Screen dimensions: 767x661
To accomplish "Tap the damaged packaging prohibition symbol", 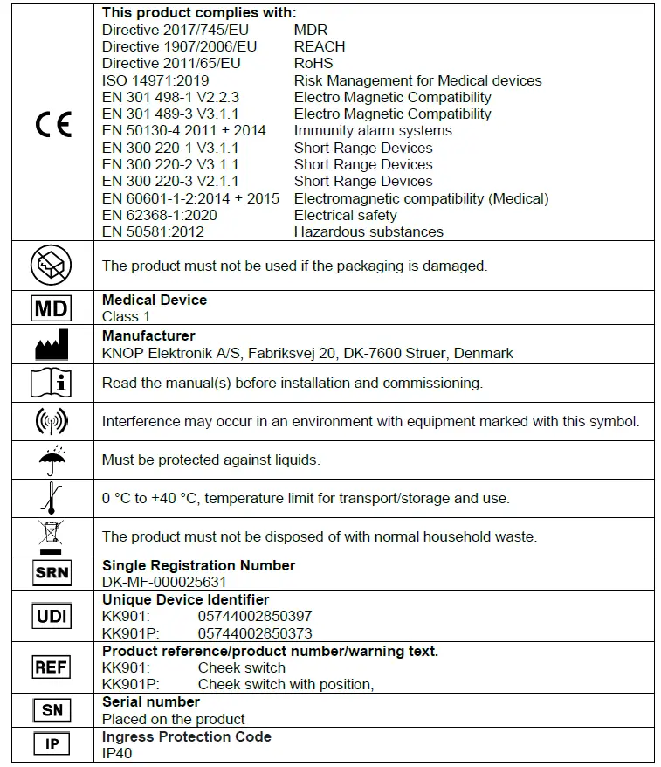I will pyautogui.click(x=52, y=265).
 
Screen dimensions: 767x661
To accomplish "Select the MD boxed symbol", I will pyautogui.click(x=52, y=308).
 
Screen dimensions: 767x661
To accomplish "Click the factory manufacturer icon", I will pyautogui.click(x=52, y=346).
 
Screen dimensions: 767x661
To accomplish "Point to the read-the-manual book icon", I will pyautogui.click(x=52, y=383).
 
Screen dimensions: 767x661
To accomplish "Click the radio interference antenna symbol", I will pyautogui.click(x=52, y=421).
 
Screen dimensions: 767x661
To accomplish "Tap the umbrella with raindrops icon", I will pyautogui.click(x=52, y=459).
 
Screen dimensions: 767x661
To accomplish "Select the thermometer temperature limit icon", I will pyautogui.click(x=52, y=498).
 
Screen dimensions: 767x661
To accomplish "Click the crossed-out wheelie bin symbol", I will pyautogui.click(x=52, y=536).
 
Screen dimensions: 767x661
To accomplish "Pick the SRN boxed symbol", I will pyautogui.click(x=52, y=573).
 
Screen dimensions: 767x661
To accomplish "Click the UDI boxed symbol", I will pyautogui.click(x=52, y=616).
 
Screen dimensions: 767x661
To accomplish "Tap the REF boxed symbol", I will pyautogui.click(x=52, y=667).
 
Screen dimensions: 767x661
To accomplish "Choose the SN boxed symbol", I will pyautogui.click(x=52, y=710).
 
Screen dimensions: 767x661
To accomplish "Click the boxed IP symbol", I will pyautogui.click(x=52, y=744).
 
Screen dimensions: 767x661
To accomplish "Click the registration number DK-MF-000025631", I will pyautogui.click(x=164, y=582).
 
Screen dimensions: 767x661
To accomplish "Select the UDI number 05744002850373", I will pyautogui.click(x=255, y=633).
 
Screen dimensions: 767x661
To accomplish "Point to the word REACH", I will pyautogui.click(x=320, y=46).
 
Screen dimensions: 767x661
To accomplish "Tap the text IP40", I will pyautogui.click(x=117, y=753).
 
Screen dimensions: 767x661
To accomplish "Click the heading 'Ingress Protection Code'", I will pyautogui.click(x=187, y=736).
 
